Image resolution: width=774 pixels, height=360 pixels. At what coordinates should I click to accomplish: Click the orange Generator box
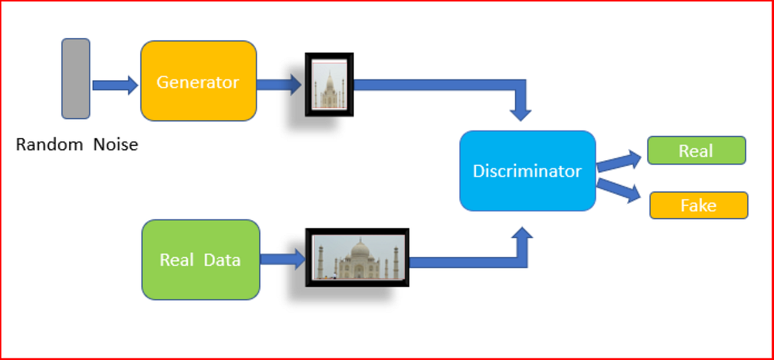click(198, 81)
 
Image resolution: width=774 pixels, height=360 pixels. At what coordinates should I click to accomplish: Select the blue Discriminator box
click(527, 171)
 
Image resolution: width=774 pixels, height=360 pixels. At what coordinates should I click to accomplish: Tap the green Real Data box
click(201, 259)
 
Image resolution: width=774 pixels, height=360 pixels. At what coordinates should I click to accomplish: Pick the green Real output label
click(696, 150)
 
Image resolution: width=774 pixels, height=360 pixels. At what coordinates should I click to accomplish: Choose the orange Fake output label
click(699, 205)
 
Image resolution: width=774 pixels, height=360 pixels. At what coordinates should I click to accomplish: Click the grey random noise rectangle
click(75, 79)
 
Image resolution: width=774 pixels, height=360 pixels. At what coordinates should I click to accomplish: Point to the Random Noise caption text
click(77, 145)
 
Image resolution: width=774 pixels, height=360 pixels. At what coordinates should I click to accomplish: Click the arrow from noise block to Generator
click(115, 85)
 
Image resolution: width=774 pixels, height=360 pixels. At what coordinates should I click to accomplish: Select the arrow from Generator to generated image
click(280, 84)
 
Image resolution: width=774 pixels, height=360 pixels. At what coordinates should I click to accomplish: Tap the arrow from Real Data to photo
click(283, 260)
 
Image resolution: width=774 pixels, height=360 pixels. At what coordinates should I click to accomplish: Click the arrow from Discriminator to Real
click(619, 160)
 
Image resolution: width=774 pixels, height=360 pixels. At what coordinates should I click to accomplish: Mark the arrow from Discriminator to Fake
click(619, 191)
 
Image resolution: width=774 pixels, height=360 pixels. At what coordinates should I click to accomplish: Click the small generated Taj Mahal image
click(330, 85)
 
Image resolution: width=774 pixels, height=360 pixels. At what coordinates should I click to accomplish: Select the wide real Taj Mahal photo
click(357, 257)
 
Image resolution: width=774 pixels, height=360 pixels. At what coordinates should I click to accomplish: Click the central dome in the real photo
click(358, 250)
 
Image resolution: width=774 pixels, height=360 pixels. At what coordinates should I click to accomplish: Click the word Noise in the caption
click(115, 145)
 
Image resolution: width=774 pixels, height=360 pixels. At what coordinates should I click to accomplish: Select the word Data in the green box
click(222, 260)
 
